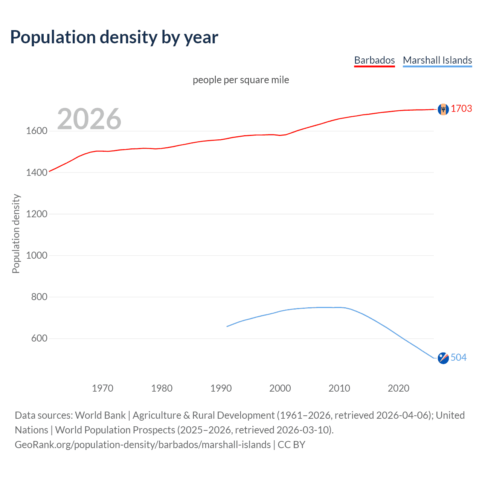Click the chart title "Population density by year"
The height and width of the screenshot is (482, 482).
(114, 37)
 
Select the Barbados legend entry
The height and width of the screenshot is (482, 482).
(374, 60)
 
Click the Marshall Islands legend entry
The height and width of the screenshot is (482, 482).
(437, 60)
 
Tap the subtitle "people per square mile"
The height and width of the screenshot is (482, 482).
(241, 80)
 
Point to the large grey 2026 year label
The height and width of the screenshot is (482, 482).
(89, 119)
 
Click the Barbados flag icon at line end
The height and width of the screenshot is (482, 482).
(443, 109)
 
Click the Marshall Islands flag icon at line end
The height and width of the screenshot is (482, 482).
(443, 358)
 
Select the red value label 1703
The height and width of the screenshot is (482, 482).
(461, 108)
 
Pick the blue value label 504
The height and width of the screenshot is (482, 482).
(458, 357)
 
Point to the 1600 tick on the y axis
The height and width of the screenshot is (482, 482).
(37, 131)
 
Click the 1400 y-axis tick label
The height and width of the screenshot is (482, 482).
(37, 172)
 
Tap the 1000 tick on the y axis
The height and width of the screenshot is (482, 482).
(37, 255)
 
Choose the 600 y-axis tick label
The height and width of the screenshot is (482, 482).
(39, 338)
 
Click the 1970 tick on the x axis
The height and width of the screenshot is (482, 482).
(102, 388)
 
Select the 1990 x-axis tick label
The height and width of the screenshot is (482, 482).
(221, 388)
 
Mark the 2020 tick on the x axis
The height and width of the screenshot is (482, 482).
(398, 388)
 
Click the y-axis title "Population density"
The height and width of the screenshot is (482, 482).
(16, 233)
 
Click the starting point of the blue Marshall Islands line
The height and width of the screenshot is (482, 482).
(227, 326)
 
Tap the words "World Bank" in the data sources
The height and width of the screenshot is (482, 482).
(100, 415)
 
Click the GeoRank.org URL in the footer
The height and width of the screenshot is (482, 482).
(143, 445)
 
